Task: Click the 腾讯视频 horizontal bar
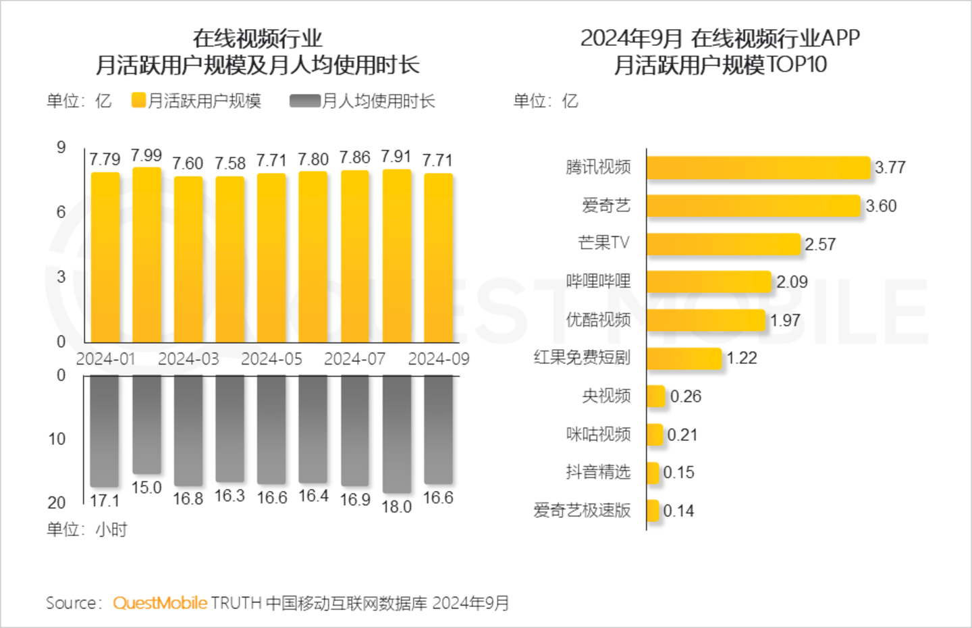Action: (758, 167)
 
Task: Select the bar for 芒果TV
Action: (723, 244)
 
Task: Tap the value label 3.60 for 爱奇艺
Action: (881, 206)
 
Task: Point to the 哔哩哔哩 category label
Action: (598, 282)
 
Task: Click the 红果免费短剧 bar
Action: (684, 358)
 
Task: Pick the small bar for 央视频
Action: (655, 396)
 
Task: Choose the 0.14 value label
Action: (678, 511)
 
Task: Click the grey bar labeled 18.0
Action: (397, 434)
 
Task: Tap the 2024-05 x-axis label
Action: (271, 359)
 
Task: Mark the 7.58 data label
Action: (230, 163)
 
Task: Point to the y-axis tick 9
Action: (61, 147)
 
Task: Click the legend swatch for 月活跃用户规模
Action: (138, 101)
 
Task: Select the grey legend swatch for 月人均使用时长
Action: (304, 101)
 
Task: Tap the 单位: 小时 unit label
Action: (86, 529)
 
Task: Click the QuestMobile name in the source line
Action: (160, 603)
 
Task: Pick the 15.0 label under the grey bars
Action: (146, 488)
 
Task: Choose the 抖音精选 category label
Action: (598, 472)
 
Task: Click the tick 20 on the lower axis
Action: (57, 502)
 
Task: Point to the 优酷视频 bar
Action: (705, 320)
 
